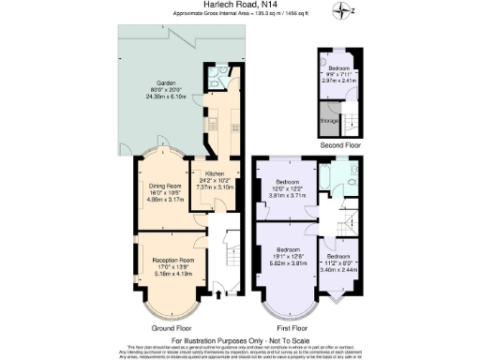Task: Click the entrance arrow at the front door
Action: [218, 295]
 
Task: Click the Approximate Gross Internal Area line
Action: [241, 15]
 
